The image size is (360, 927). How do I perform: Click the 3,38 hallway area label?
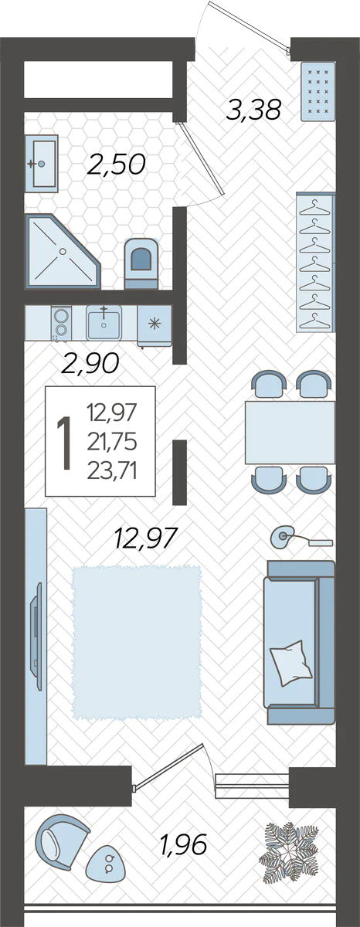(x=253, y=110)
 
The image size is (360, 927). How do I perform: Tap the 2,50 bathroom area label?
(x=117, y=164)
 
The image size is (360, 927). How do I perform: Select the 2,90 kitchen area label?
(x=90, y=362)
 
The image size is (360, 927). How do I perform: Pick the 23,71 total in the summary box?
(x=112, y=470)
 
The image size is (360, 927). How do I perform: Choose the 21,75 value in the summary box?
(x=112, y=442)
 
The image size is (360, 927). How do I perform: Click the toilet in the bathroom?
(x=141, y=263)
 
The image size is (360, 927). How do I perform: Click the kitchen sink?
(x=104, y=322)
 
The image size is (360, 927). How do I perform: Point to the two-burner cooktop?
(x=61, y=323)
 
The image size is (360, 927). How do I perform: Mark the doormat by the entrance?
(x=318, y=91)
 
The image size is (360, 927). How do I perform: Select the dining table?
(x=290, y=432)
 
